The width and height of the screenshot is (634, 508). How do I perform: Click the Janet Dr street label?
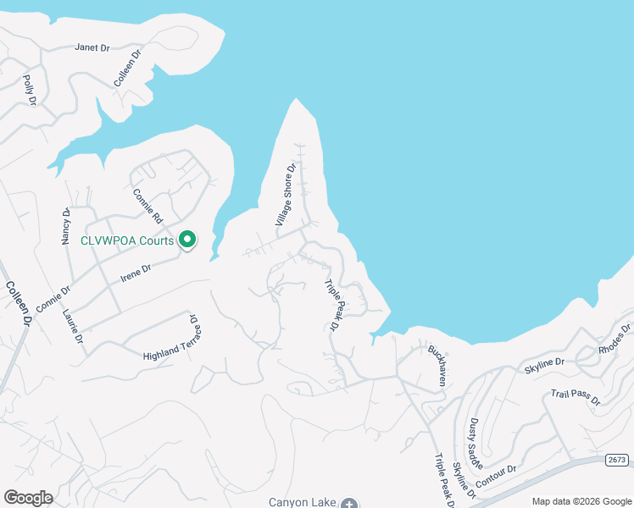[x=93, y=48]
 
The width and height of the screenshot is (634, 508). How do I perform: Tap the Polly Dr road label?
[x=30, y=90]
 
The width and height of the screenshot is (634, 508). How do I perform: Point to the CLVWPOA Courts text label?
[x=128, y=240]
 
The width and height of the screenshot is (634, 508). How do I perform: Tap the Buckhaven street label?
[x=437, y=365]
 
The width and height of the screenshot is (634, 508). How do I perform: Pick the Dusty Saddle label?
[x=475, y=437]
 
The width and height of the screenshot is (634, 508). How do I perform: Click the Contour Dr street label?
[x=496, y=474]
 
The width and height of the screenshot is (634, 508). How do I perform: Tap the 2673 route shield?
[x=617, y=460]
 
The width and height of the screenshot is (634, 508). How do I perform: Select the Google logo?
[x=28, y=498]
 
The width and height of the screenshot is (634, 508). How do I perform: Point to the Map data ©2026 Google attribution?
[x=581, y=501]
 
